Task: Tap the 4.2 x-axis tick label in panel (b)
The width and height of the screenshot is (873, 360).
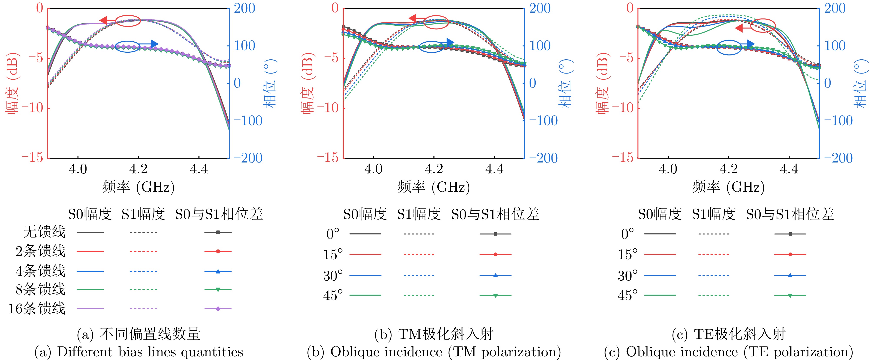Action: pyautogui.click(x=434, y=169)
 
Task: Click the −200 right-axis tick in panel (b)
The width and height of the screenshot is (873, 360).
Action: pyautogui.click(x=543, y=158)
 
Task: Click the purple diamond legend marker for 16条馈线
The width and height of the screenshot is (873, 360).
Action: pyautogui.click(x=218, y=309)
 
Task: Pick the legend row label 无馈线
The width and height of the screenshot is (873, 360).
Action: pyautogui.click(x=44, y=232)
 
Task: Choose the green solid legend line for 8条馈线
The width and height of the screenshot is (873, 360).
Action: pyautogui.click(x=90, y=290)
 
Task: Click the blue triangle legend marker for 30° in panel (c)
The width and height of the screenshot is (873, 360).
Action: pyautogui.click(x=790, y=276)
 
